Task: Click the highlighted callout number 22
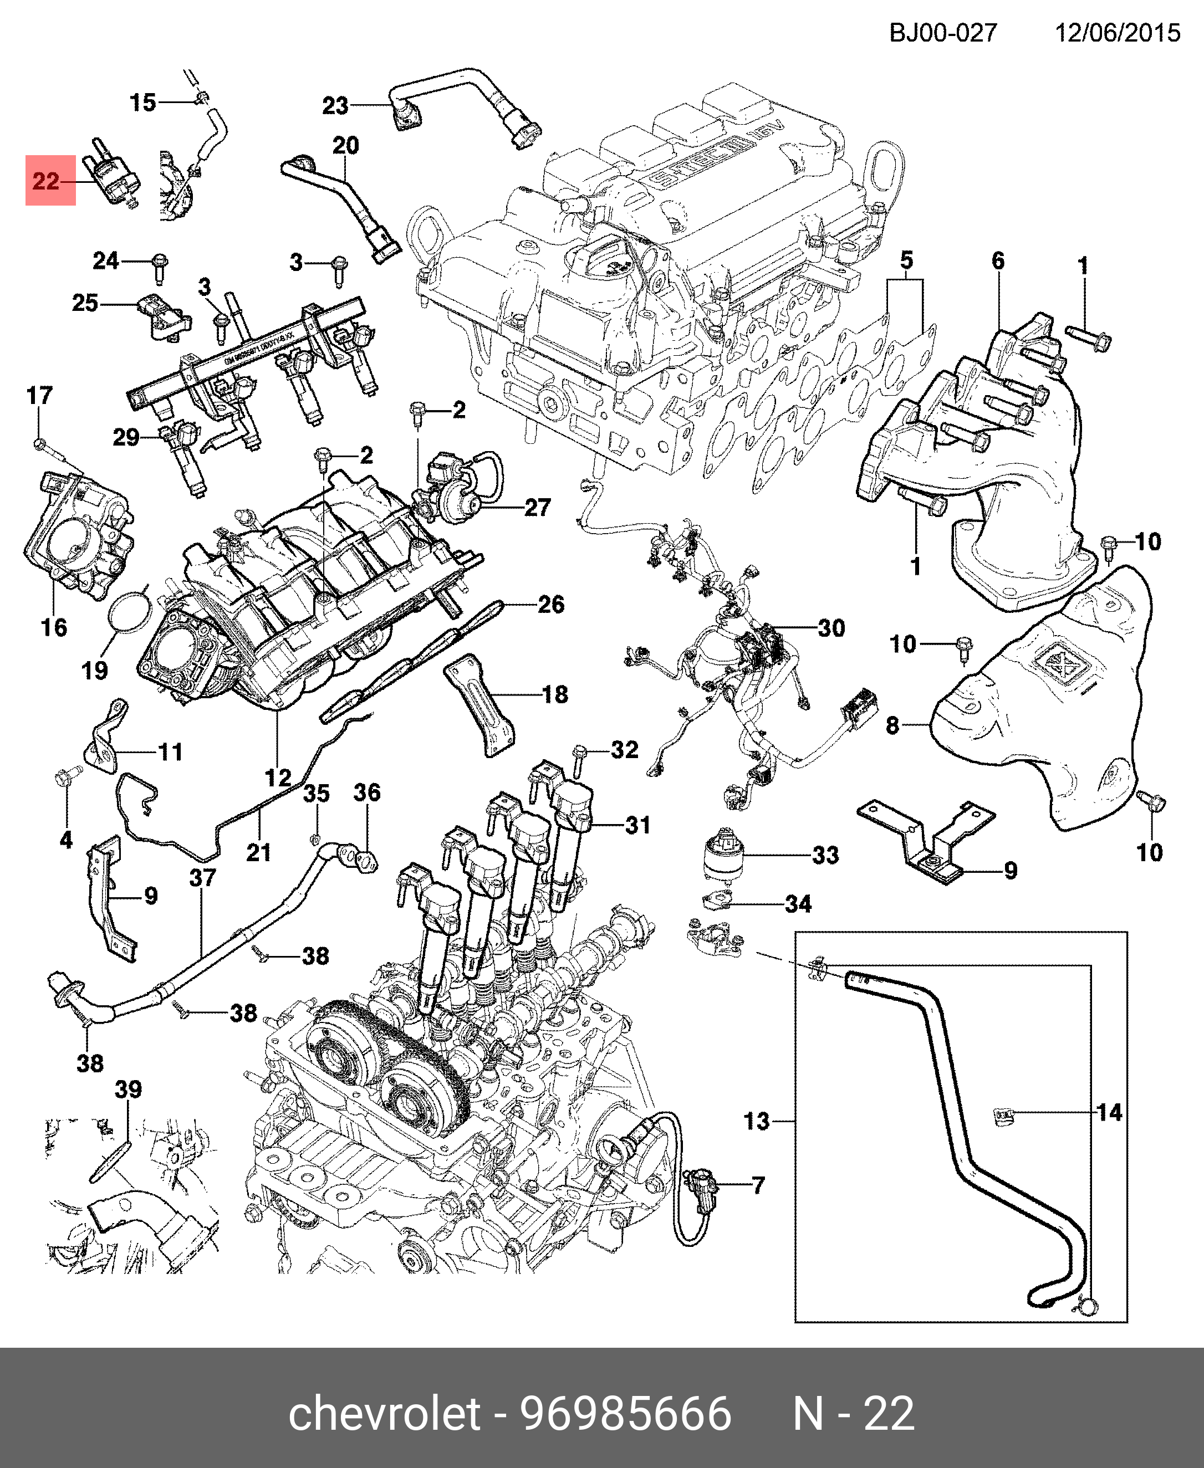(47, 181)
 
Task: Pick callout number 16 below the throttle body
(54, 627)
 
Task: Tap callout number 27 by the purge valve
(538, 508)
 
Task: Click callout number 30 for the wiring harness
(831, 628)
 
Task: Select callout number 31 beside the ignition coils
(637, 825)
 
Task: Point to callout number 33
(825, 855)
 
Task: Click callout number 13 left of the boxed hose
(757, 1121)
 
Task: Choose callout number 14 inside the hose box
(1109, 1113)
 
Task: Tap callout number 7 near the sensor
(758, 1185)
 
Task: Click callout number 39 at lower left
(128, 1089)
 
